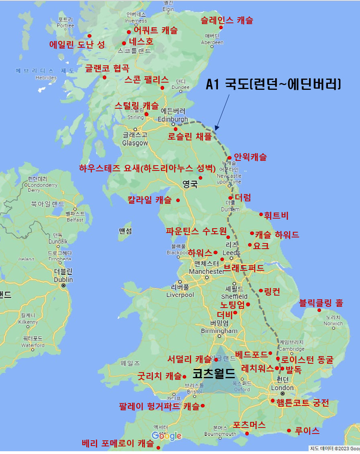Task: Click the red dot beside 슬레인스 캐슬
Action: pos(221,27)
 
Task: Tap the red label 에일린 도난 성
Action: pos(77,45)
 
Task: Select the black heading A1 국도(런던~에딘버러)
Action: pos(273,84)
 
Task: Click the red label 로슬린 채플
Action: pos(189,136)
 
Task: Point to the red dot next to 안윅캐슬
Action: pos(230,158)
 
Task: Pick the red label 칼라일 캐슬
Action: pos(149,199)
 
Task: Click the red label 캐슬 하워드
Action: pos(277,235)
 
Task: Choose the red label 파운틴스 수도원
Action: pos(196,231)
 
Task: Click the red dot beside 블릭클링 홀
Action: pos(319,310)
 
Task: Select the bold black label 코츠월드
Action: pos(214,374)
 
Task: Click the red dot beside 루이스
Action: pos(289,431)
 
